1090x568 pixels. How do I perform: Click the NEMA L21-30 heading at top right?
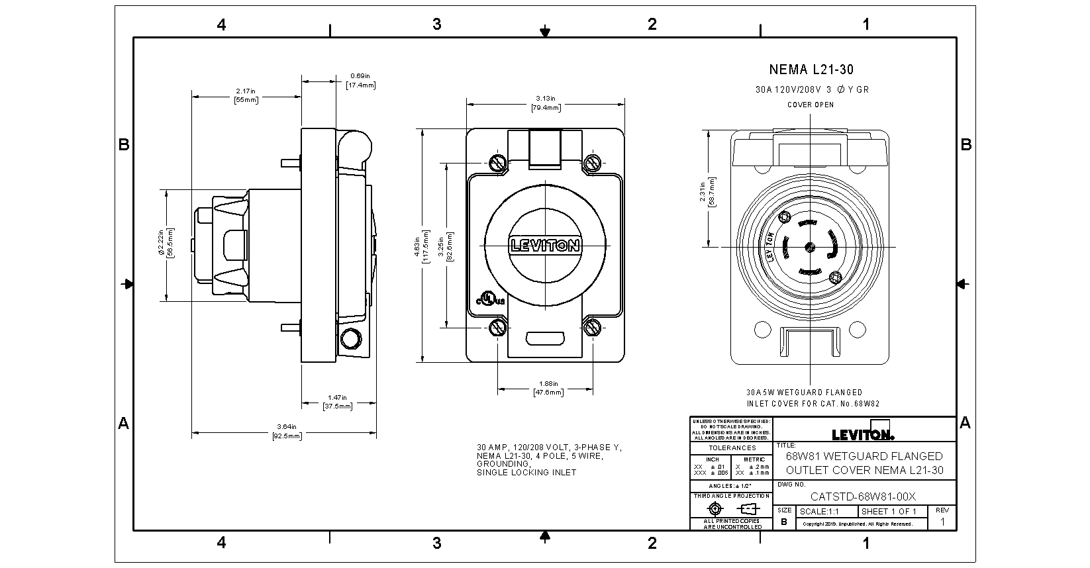(811, 70)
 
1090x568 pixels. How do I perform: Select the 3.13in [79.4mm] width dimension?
(545, 103)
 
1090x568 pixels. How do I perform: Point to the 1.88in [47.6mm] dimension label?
(548, 388)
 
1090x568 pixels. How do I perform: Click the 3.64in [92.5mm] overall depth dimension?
(286, 432)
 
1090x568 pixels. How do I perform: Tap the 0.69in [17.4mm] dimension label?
(360, 81)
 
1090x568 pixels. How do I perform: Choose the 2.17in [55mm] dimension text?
(246, 95)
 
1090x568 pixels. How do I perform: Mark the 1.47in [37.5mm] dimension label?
(337, 402)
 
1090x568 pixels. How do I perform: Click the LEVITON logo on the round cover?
(545, 246)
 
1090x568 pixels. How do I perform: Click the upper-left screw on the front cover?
(497, 163)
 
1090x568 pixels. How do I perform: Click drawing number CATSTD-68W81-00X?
(864, 497)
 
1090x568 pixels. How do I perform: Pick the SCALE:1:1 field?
(819, 512)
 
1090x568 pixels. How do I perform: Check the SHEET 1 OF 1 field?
(889, 512)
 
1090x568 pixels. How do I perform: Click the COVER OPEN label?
(811, 105)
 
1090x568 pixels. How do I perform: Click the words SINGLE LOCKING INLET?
(526, 473)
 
